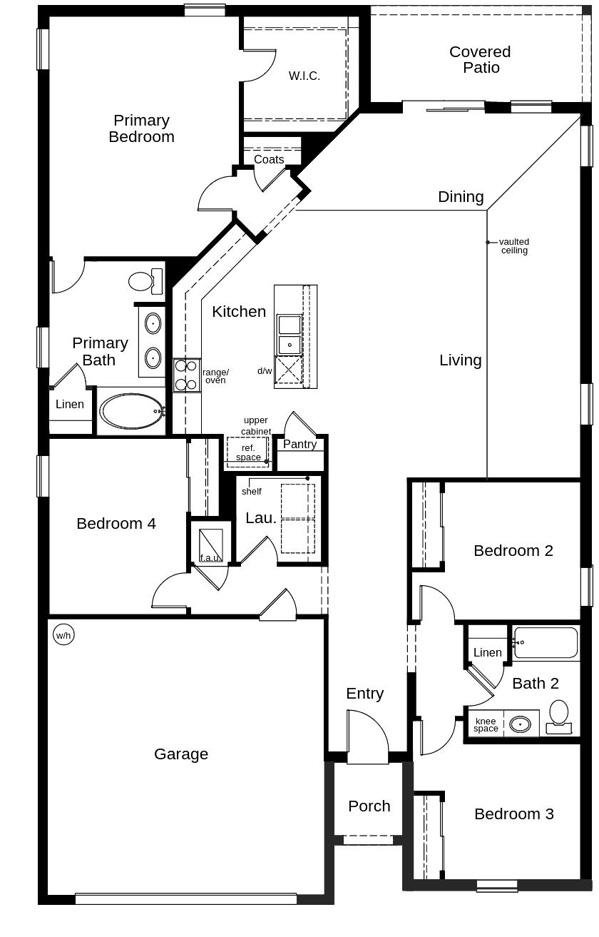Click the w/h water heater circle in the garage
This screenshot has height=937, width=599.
(x=63, y=634)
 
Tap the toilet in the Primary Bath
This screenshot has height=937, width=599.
(x=145, y=280)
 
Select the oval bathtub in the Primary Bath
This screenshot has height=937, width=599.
(x=132, y=411)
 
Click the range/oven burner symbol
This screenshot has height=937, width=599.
(x=186, y=375)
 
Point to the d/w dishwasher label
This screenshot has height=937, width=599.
(x=265, y=371)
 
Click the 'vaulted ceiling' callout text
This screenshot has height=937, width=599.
(x=514, y=246)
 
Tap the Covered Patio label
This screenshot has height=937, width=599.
(x=480, y=60)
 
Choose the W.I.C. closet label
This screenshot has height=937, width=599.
(x=304, y=76)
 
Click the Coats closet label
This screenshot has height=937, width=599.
(x=269, y=160)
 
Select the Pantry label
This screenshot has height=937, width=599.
(x=299, y=444)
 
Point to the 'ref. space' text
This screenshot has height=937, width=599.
(x=248, y=452)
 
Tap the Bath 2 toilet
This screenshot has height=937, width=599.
(x=559, y=716)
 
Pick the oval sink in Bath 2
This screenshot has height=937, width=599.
(x=521, y=724)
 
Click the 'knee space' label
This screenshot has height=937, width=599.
(x=486, y=725)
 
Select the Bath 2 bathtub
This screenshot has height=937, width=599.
(x=546, y=643)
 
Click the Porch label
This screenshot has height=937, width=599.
(x=369, y=806)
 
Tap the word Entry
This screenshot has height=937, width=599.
(x=365, y=693)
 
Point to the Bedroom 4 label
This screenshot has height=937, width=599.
(x=116, y=523)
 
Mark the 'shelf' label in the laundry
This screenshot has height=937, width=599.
(x=252, y=492)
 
